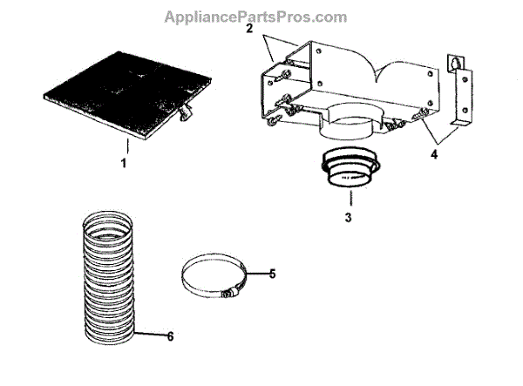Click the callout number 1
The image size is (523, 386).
tap(123, 163)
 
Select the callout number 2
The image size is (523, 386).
tap(249, 29)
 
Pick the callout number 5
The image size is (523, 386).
tap(272, 273)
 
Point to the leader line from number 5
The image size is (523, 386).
tap(257, 274)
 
